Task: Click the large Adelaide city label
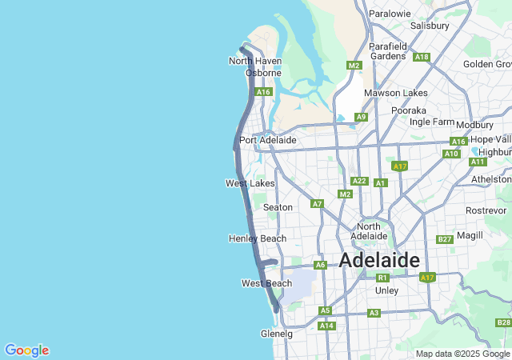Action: (x=379, y=260)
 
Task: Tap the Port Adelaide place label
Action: (x=268, y=140)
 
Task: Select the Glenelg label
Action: (x=277, y=334)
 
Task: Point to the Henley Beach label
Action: (x=257, y=238)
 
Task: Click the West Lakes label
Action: (x=250, y=183)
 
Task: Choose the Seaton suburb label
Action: (x=278, y=207)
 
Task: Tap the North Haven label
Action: (x=254, y=61)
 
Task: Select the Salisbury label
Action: (x=430, y=26)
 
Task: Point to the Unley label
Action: (x=386, y=290)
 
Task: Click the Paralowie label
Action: (x=390, y=14)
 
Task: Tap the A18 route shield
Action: (x=422, y=57)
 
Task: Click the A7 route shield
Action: (x=318, y=203)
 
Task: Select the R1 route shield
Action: (x=382, y=278)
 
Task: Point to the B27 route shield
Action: (x=445, y=239)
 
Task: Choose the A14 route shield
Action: (x=326, y=326)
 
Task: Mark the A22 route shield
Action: (x=359, y=182)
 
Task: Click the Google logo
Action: (x=26, y=350)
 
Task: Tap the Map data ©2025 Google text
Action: (x=462, y=354)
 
